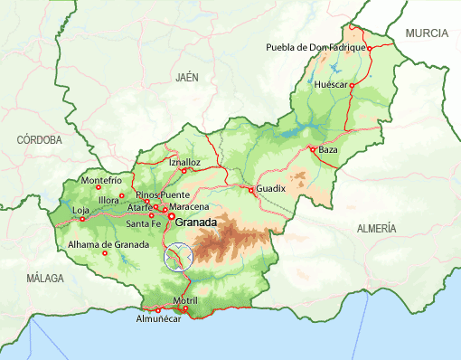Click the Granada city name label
point(196,223)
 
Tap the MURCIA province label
point(427,33)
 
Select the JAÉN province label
point(187,78)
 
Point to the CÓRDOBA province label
point(40,140)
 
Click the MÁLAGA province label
point(46,278)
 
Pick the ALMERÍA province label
point(376,229)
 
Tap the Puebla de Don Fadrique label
point(315,47)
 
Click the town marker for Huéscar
point(353,83)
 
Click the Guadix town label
point(270,188)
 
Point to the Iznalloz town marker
point(183,170)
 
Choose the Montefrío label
point(101,180)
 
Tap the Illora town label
point(108,200)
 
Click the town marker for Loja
point(82,218)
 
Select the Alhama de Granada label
point(108,245)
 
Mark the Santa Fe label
point(144,223)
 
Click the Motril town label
point(184,300)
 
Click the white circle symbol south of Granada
point(179,256)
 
